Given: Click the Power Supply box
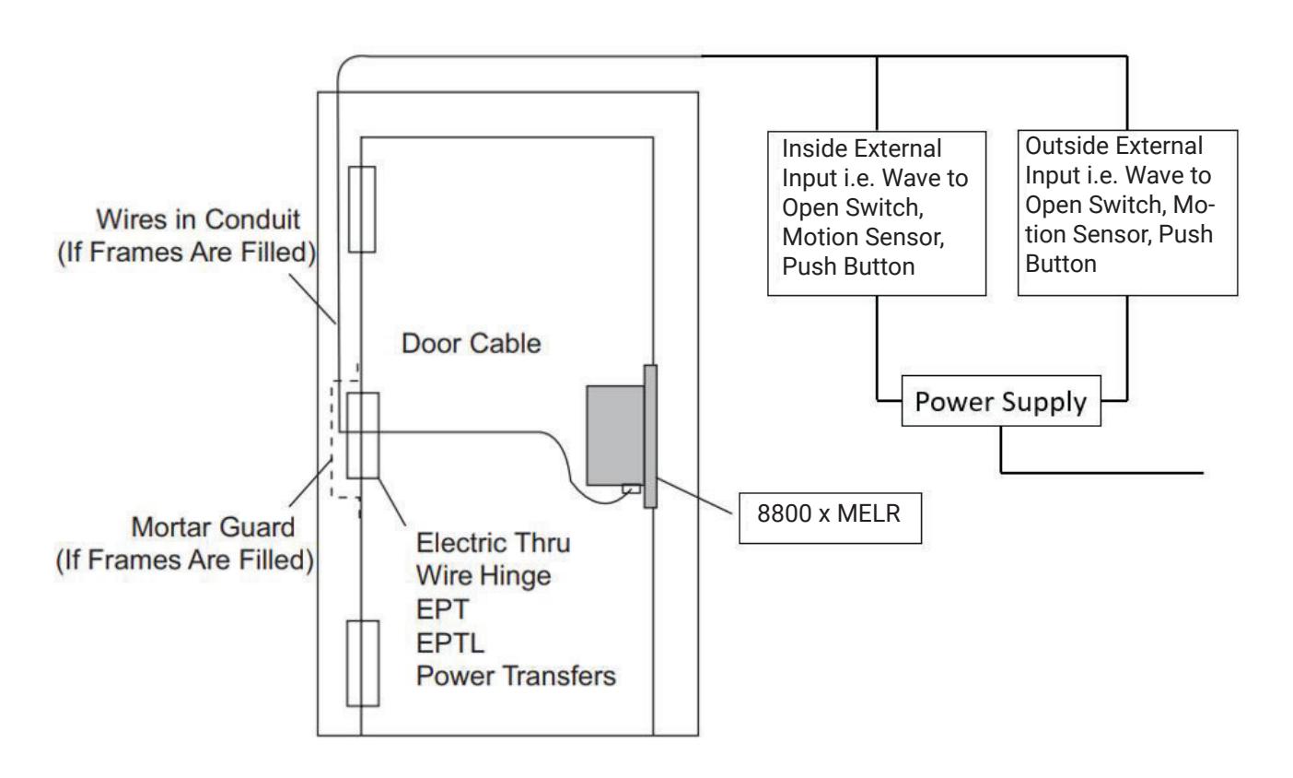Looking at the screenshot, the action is (1001, 401).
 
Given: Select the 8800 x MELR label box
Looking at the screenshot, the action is (830, 518).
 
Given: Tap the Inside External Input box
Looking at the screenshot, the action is (876, 213).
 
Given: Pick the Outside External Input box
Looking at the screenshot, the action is (1127, 213).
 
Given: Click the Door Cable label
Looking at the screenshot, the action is (471, 344).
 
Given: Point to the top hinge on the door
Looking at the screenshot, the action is (362, 209).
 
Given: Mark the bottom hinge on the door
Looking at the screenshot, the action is (363, 663).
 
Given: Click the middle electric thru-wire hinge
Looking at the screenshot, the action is (363, 435).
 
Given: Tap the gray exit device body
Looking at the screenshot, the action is (615, 435).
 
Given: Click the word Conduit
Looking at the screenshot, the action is (252, 219).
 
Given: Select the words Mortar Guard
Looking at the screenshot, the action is (213, 527).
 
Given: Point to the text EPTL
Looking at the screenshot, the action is (450, 642).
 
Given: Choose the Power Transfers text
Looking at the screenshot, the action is (516, 676).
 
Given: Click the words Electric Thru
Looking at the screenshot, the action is (493, 543).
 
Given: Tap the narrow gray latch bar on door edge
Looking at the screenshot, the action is (650, 436).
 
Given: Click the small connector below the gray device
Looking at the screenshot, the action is (631, 489).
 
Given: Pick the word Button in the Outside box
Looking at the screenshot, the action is (1060, 264).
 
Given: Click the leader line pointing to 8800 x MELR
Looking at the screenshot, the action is (694, 496).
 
